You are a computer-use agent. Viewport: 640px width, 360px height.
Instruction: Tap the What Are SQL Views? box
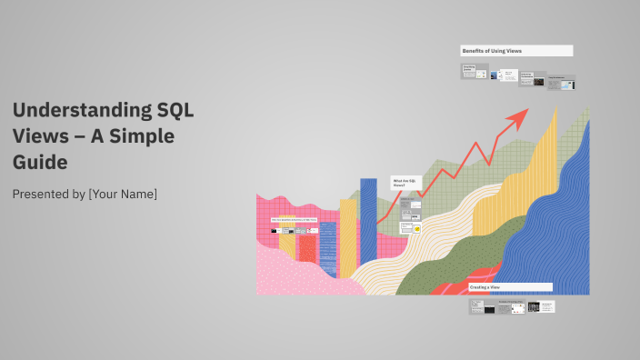(405, 184)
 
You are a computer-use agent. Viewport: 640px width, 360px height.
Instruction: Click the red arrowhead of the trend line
(521, 115)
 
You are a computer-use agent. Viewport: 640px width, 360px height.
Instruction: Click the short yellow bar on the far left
(287, 244)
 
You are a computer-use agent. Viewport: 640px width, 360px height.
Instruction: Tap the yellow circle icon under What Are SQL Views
(417, 229)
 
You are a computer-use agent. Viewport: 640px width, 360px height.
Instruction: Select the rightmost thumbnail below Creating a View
(546, 306)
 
